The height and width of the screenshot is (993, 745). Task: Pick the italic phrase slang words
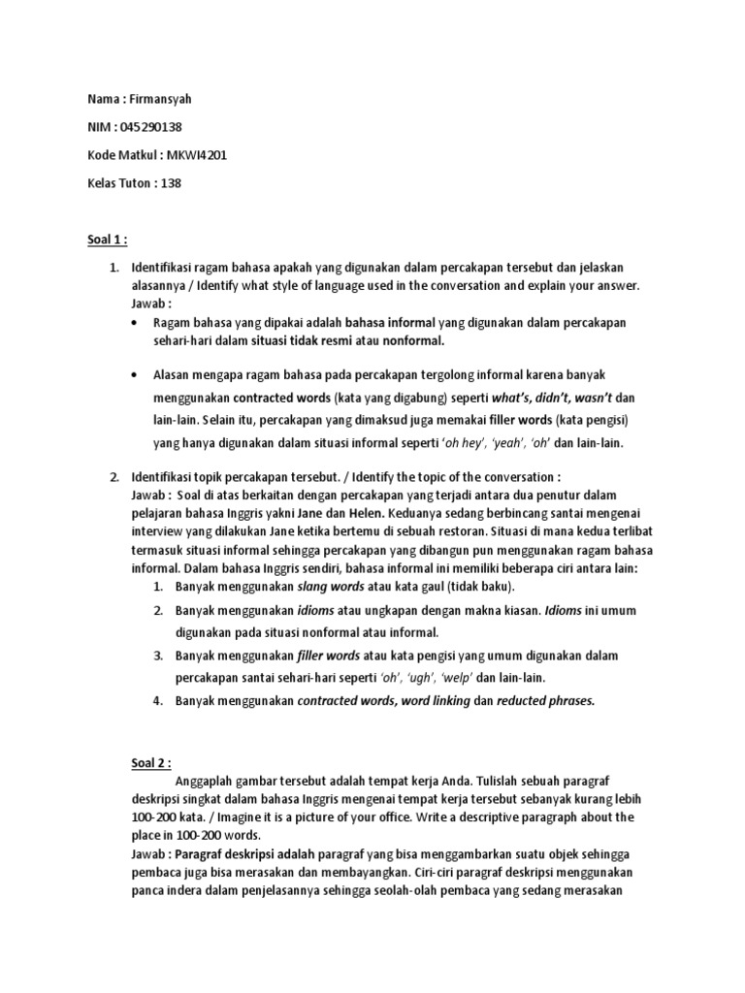330,587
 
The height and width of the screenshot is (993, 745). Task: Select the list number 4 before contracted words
157,700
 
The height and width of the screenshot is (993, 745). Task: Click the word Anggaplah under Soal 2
210,782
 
